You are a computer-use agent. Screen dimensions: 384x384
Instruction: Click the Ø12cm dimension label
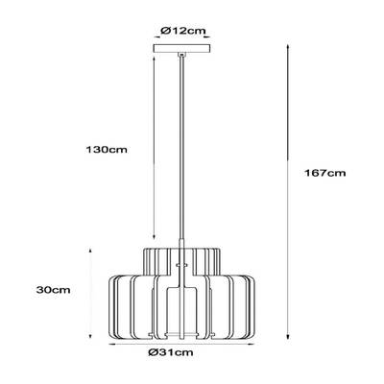click(x=182, y=31)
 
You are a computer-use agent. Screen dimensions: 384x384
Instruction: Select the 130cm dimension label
click(x=107, y=150)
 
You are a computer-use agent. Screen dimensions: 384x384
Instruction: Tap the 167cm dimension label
click(x=324, y=173)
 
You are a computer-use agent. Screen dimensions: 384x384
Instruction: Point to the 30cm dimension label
click(x=53, y=290)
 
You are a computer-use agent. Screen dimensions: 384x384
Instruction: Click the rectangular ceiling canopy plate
click(x=182, y=49)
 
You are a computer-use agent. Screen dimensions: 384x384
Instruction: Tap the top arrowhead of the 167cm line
click(x=288, y=48)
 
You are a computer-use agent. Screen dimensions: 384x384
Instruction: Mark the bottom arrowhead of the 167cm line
click(x=288, y=337)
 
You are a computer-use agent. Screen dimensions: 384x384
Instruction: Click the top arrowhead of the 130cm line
click(x=154, y=60)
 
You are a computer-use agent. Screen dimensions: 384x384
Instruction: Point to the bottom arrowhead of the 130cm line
click(x=154, y=236)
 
